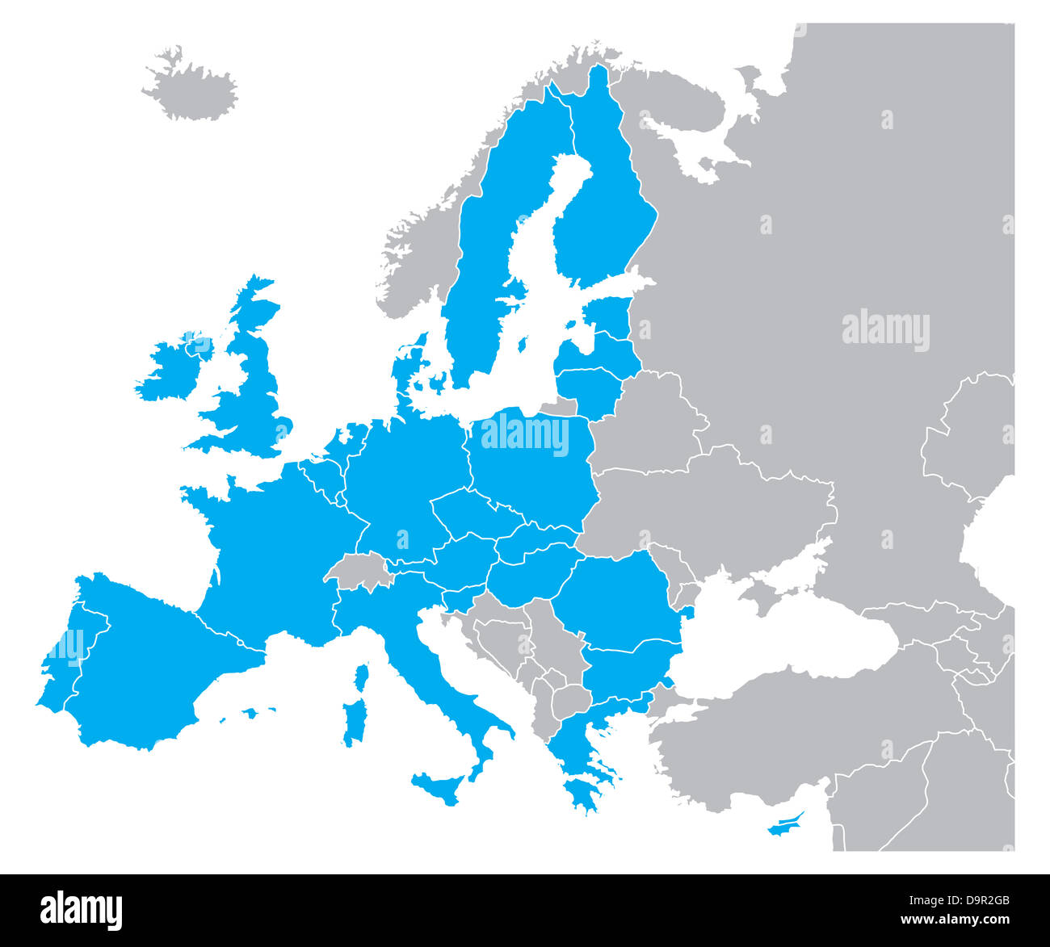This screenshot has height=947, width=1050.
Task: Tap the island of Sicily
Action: click(x=441, y=785)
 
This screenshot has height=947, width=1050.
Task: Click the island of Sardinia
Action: click(x=354, y=721)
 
